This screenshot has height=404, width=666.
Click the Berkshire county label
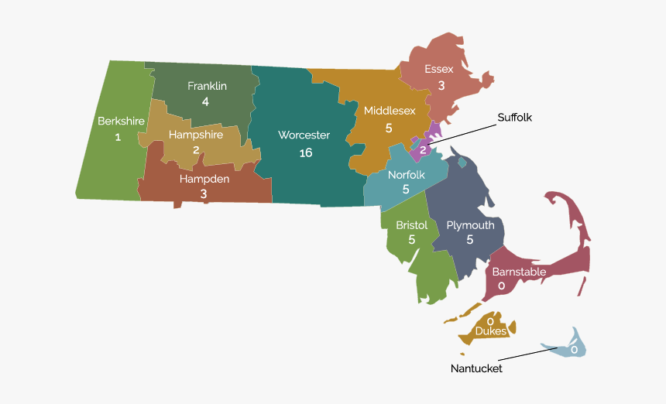[121, 121]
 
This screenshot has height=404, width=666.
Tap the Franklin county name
[207, 86]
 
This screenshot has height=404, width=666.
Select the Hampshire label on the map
[196, 135]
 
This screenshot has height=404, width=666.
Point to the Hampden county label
[203, 178]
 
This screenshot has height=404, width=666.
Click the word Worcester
[304, 135]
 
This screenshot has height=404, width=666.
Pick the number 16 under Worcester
[305, 152]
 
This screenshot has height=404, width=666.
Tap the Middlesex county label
[390, 110]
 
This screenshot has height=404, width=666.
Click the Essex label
[439, 69]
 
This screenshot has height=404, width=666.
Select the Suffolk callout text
[515, 118]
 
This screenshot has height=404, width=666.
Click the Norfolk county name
[406, 174]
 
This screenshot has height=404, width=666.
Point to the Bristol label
[411, 225]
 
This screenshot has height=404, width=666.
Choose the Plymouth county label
[470, 225]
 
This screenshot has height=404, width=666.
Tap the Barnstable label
[519, 272]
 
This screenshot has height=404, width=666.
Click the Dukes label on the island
[491, 331]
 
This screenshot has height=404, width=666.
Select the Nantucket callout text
[476, 368]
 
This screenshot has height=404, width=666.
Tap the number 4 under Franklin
[205, 101]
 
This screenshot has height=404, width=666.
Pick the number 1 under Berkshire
[118, 137]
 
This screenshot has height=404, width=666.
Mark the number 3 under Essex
[441, 85]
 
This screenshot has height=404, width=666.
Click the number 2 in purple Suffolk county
[423, 149]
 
